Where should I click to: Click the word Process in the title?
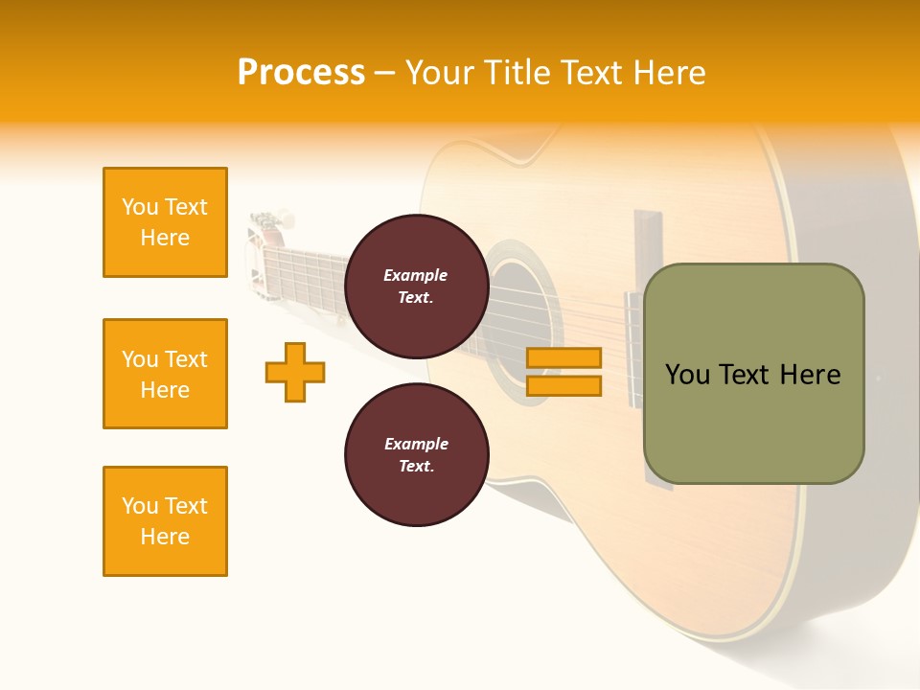301,73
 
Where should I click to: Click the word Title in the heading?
517,73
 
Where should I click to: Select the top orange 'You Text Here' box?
165,222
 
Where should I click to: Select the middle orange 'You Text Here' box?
165,374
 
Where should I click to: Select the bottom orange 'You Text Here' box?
165,521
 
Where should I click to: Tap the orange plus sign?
295,372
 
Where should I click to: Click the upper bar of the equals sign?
563,358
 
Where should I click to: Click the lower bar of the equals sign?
563,385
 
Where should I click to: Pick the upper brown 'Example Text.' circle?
416,287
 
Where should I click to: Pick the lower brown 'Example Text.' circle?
416,455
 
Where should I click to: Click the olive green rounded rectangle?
753,422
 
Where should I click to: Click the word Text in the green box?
744,375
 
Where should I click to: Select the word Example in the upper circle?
416,276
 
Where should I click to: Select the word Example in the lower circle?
416,445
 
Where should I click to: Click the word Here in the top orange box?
165,238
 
